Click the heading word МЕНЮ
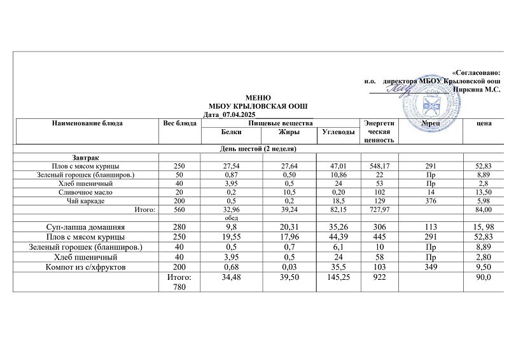[x=254, y=96]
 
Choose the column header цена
[x=484, y=123]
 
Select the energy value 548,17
[x=379, y=165]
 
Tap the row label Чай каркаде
[x=85, y=201]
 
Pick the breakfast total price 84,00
[x=484, y=209]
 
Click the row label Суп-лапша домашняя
[x=85, y=227]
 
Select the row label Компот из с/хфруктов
[x=85, y=267]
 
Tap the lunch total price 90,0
[x=484, y=277]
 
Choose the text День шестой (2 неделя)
[x=254, y=148]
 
